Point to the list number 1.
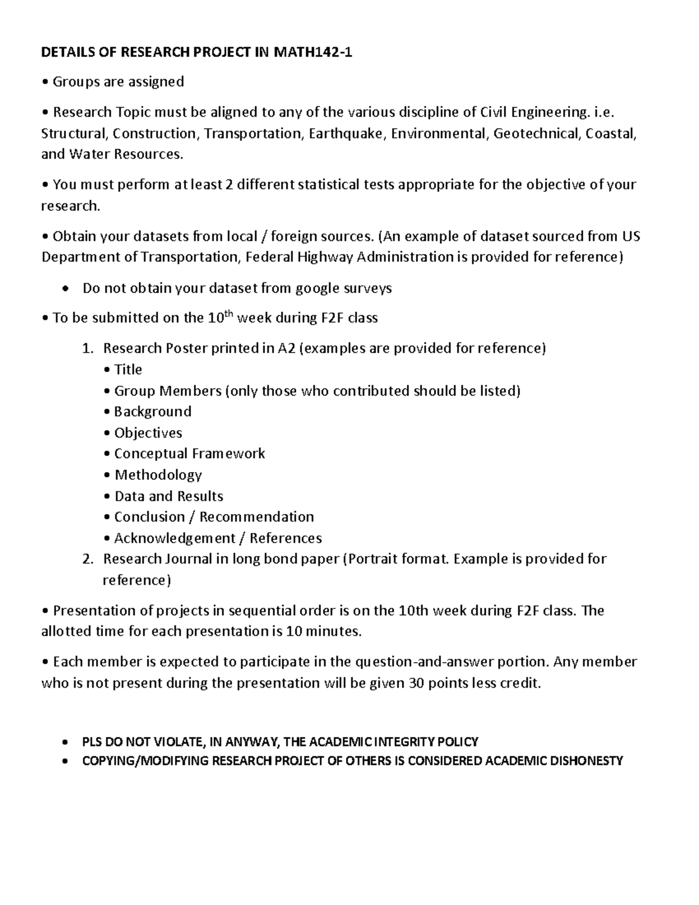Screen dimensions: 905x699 point(87,348)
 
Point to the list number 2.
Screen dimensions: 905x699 point(87,559)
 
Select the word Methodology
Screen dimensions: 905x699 point(158,475)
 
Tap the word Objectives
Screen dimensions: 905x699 point(148,433)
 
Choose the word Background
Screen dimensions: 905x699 point(153,411)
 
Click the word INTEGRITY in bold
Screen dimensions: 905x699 point(405,742)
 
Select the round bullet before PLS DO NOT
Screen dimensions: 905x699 point(65,742)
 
